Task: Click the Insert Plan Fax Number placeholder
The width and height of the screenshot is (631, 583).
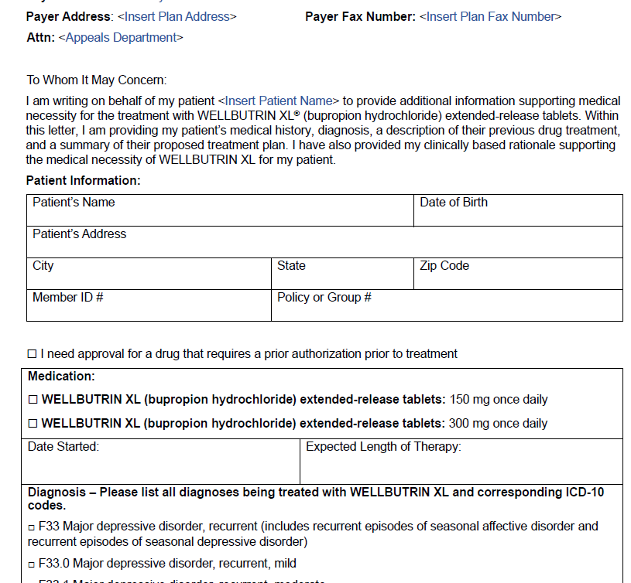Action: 490,16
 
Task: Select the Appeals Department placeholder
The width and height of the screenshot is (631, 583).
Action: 121,37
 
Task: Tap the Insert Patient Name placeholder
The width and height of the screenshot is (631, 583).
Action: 279,101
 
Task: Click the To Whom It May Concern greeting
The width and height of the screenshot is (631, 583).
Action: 97,80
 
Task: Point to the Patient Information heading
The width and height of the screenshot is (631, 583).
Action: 84,180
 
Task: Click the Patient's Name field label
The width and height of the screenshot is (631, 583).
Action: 74,203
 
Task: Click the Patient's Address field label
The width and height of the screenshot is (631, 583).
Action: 79,234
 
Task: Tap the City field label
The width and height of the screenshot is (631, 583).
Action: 43,266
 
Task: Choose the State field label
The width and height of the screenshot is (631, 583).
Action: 291,266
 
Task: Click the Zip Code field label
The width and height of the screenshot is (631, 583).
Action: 444,266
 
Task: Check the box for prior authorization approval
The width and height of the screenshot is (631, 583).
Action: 32,354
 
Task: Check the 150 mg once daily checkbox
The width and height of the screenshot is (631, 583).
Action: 33,400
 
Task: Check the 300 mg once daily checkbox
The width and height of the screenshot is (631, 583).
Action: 33,424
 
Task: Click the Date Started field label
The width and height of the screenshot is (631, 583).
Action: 63,447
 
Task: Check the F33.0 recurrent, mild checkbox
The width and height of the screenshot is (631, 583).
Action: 32,564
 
